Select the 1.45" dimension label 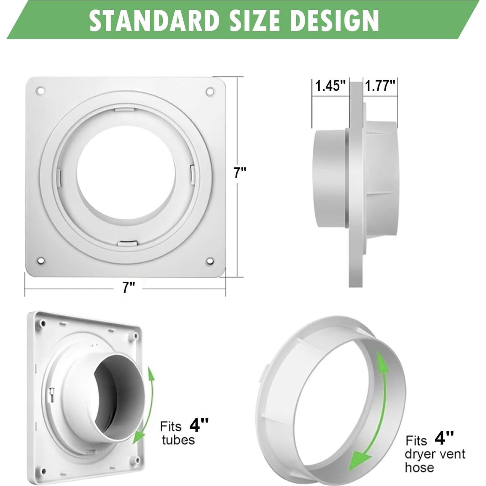(330, 86)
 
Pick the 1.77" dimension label (380, 86)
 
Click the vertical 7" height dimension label (240, 173)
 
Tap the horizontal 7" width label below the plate (128, 287)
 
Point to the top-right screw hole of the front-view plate (210, 92)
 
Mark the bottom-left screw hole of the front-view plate (40, 261)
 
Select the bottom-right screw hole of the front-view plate (210, 261)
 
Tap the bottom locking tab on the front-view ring (128, 243)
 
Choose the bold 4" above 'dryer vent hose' (444, 438)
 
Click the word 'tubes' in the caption (178, 440)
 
